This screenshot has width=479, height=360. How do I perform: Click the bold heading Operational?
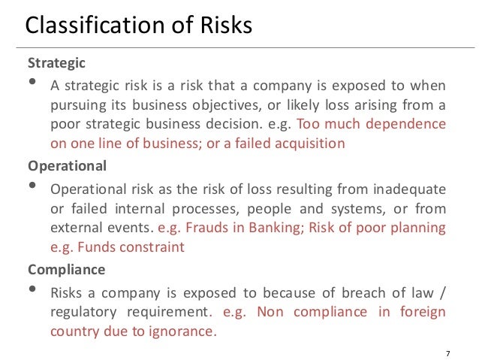click(67, 165)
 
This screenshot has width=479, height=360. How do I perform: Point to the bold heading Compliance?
click(66, 268)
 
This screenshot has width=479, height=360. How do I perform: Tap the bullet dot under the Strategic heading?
click(32, 82)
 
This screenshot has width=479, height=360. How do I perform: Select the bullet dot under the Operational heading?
click(32, 185)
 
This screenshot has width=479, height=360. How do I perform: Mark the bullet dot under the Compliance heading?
click(32, 288)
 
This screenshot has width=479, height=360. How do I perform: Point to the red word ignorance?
click(179, 330)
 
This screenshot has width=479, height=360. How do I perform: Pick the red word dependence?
click(408, 124)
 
